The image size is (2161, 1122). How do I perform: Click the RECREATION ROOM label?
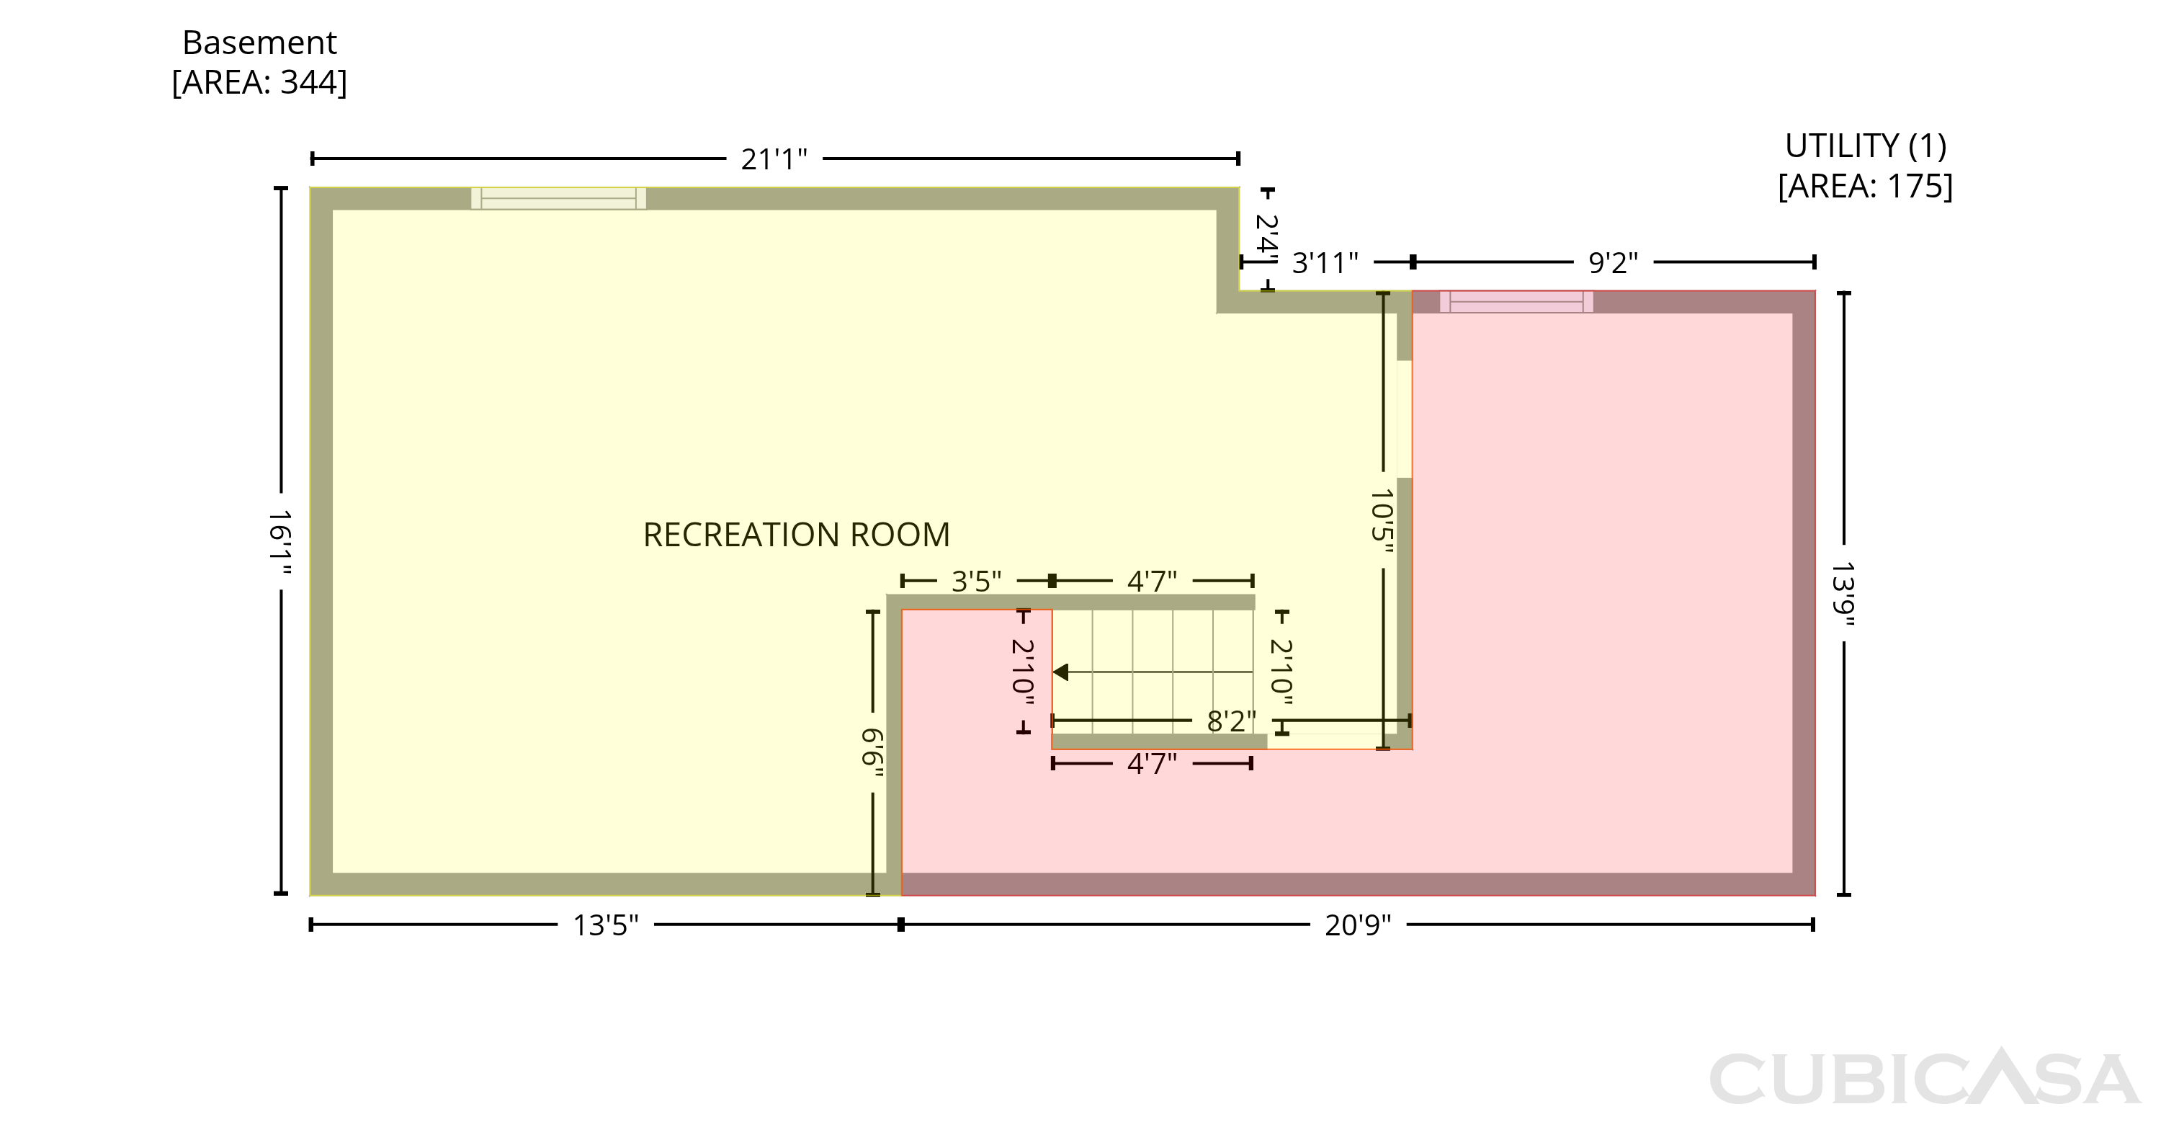pyautogui.click(x=796, y=535)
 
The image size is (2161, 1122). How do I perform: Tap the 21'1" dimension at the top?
pyautogui.click(x=774, y=159)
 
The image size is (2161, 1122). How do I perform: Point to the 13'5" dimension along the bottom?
pyautogui.click(x=606, y=925)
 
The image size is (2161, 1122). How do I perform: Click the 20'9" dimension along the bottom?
pyautogui.click(x=1357, y=925)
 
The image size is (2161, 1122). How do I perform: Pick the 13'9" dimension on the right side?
pyautogui.click(x=1844, y=594)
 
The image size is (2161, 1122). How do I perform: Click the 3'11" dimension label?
pyautogui.click(x=1325, y=263)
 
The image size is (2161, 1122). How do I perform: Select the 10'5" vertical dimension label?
pyautogui.click(x=1382, y=521)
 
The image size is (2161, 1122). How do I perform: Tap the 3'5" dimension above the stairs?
pyautogui.click(x=977, y=581)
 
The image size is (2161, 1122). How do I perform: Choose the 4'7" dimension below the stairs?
pyautogui.click(x=1152, y=764)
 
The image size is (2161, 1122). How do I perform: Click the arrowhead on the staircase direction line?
pyautogui.click(x=1060, y=672)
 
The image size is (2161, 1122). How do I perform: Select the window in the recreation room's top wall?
pyautogui.click(x=559, y=198)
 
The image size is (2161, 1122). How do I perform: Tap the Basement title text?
pyautogui.click(x=259, y=42)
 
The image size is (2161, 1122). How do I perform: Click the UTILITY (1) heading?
pyautogui.click(x=1866, y=146)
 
